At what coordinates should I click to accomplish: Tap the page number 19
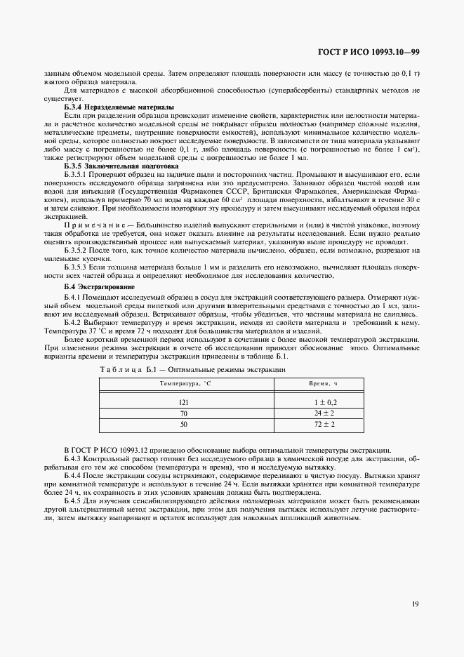tap(416, 603)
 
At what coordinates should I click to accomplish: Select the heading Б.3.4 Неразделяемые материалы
tap(114, 106)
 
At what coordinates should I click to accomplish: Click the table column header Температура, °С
tap(184, 385)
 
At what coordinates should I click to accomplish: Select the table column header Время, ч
tap(324, 385)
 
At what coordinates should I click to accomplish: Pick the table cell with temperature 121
tap(184, 402)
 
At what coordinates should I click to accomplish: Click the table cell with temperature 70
tap(184, 413)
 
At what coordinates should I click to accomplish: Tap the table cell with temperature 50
tap(184, 425)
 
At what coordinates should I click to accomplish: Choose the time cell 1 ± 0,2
tap(324, 402)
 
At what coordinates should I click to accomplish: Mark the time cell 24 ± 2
tap(324, 413)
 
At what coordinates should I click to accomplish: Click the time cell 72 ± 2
tap(324, 425)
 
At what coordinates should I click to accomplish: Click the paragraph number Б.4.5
tap(74, 502)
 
